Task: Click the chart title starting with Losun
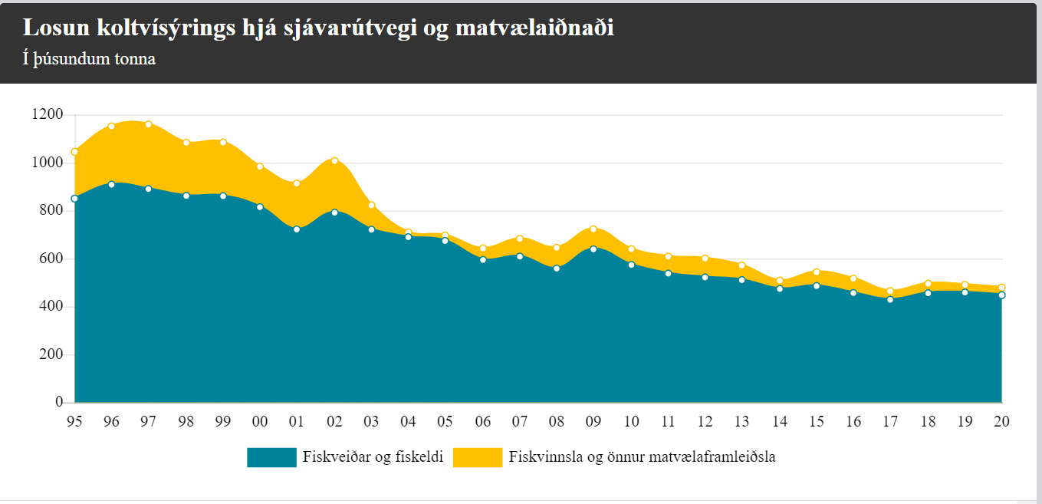318,28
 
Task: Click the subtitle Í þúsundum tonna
89,58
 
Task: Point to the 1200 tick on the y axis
48,115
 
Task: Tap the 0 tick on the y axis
58,402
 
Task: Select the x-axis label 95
74,421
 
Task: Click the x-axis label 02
334,421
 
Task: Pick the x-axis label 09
593,421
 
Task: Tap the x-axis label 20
1001,421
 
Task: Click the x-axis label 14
779,421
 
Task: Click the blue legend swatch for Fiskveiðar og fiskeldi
271,457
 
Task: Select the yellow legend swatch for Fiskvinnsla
478,457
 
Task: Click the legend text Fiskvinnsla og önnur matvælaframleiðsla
643,457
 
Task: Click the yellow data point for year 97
149,124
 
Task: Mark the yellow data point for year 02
334,160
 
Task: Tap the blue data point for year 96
112,184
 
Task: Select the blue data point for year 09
593,249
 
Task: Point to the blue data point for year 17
890,299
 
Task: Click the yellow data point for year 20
1001,288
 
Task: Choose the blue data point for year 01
297,229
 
